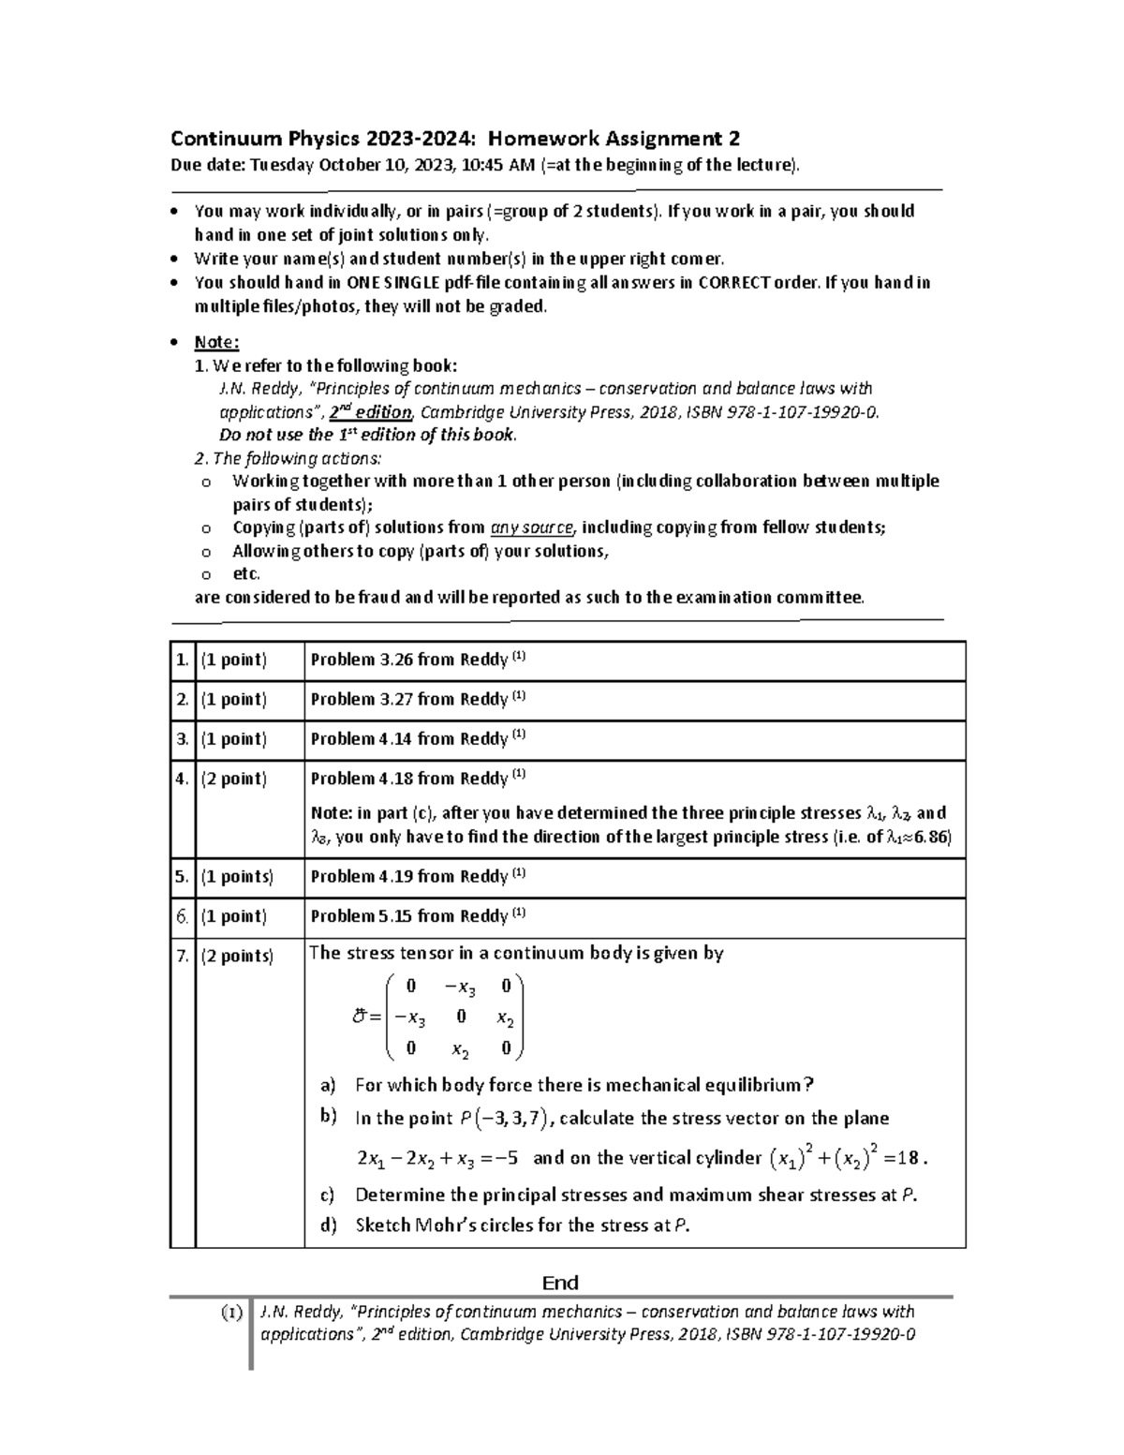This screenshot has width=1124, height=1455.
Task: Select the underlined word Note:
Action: (216, 342)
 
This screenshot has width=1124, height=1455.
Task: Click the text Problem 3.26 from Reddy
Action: (408, 660)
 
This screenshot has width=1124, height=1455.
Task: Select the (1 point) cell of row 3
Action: (233, 739)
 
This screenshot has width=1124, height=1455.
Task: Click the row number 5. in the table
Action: (182, 877)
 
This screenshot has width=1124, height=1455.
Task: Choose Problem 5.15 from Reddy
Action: (408, 916)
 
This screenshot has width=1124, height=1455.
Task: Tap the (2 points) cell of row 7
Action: (237, 957)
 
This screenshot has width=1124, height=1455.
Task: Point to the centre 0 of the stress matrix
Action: (461, 1016)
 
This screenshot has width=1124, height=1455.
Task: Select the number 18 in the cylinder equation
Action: (908, 1158)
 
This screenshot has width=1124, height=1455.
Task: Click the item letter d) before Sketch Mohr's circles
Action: (327, 1225)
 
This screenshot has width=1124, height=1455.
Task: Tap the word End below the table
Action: (560, 1283)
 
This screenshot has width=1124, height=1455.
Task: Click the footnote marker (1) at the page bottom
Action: (230, 1312)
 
